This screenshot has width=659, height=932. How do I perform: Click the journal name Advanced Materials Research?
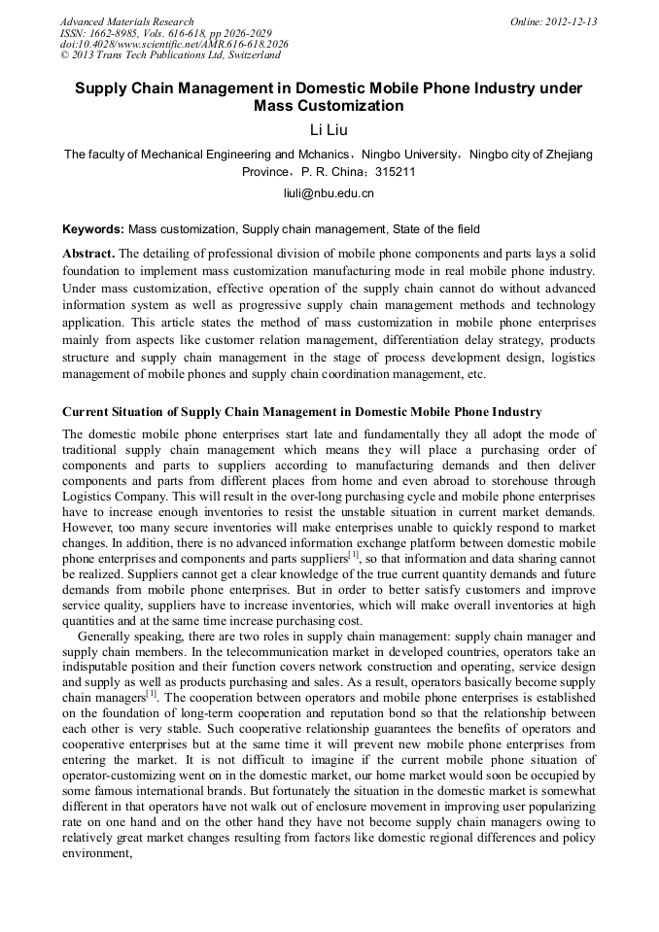126,21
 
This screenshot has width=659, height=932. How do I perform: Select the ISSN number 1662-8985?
116,33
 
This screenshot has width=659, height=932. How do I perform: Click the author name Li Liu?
329,130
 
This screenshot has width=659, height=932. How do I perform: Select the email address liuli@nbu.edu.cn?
329,193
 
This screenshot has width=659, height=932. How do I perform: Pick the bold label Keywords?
93,230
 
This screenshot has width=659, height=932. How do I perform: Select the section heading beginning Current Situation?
301,412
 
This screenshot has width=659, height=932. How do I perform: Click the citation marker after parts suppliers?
354,554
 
